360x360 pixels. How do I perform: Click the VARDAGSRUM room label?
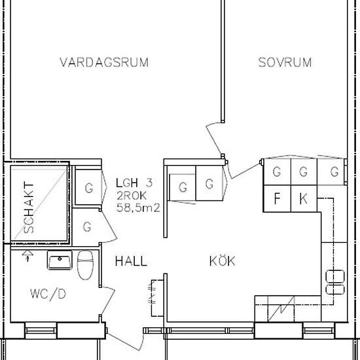(104, 62)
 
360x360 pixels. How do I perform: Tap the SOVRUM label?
(285, 62)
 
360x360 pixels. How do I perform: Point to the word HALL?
(131, 261)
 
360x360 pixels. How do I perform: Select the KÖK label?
(223, 261)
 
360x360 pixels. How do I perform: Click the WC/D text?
(48, 294)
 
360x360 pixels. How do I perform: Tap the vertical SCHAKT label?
(29, 207)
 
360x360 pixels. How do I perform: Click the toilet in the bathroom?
(85, 265)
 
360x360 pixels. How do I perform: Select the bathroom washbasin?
(60, 260)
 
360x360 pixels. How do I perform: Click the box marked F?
(277, 198)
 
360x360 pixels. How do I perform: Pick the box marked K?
(304, 198)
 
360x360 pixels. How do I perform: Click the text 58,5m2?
(138, 207)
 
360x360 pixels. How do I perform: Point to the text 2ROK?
(132, 196)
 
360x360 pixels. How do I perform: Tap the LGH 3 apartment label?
(134, 183)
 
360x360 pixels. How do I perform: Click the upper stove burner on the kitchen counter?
(335, 276)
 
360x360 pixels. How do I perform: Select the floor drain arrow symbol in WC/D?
(27, 256)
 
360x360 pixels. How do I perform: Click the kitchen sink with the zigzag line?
(281, 309)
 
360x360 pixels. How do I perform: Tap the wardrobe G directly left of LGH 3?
(88, 187)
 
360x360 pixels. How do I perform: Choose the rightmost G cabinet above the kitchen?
(332, 171)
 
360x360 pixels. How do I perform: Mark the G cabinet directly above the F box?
(277, 171)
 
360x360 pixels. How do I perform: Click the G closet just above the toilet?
(87, 227)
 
